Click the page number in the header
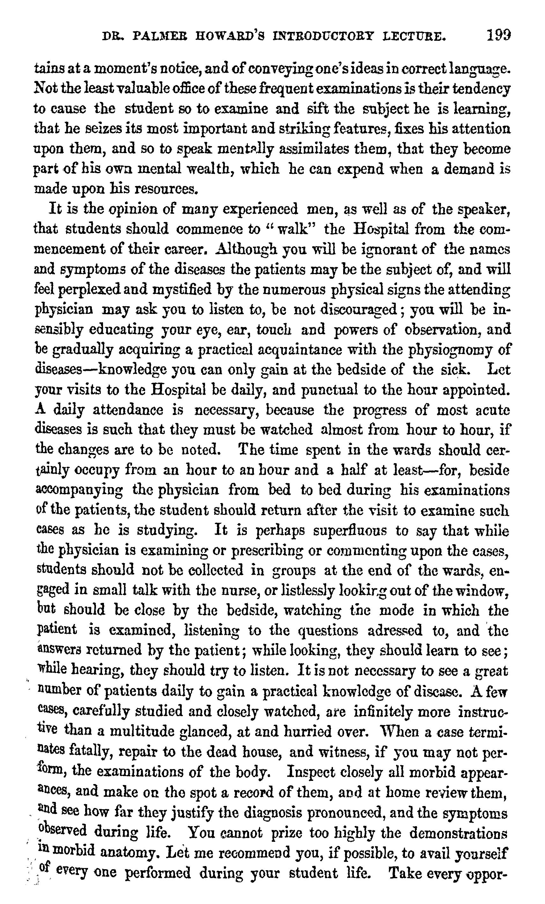pyautogui.click(x=498, y=36)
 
